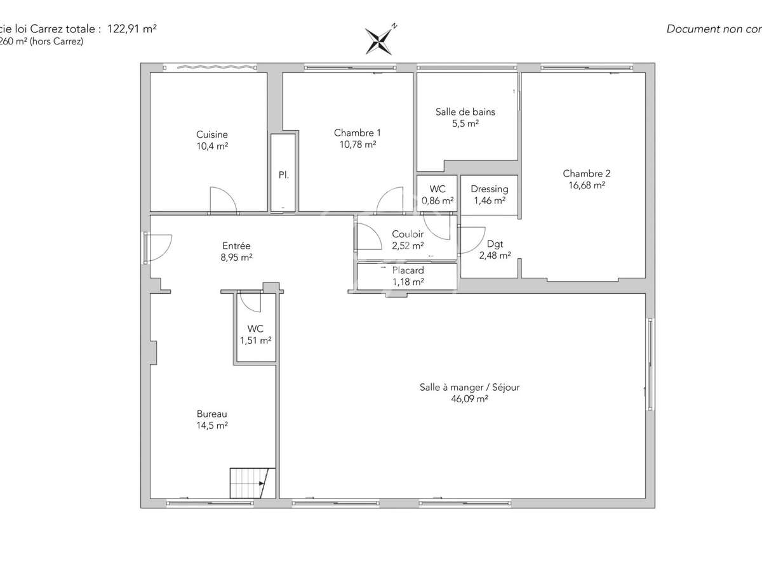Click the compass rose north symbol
pyautogui.click(x=379, y=41)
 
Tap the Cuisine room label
pyautogui.click(x=212, y=135)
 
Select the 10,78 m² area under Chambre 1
pyautogui.click(x=358, y=145)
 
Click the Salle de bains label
pyautogui.click(x=465, y=112)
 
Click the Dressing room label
pyautogui.click(x=489, y=189)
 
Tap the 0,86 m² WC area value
pyautogui.click(x=438, y=200)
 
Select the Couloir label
pyautogui.click(x=408, y=234)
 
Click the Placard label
pyautogui.click(x=408, y=270)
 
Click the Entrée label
pyautogui.click(x=236, y=246)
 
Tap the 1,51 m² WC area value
pyautogui.click(x=255, y=340)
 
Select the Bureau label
pyautogui.click(x=212, y=413)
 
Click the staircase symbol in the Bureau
pyautogui.click(x=250, y=483)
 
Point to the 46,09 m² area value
pyautogui.click(x=469, y=399)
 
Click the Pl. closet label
pyautogui.click(x=283, y=174)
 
